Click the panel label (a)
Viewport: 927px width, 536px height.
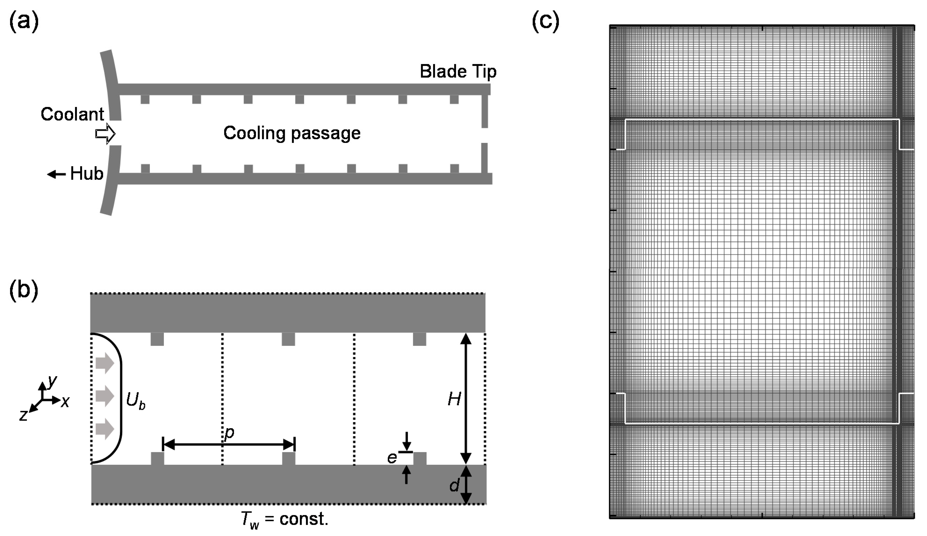click(24, 22)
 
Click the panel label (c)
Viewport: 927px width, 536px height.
click(546, 22)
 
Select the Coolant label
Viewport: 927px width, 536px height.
click(72, 114)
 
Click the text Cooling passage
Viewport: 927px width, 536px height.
click(292, 133)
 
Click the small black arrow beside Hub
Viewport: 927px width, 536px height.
click(56, 174)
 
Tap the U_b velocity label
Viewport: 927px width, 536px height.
click(135, 400)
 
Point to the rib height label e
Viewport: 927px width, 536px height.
click(392, 458)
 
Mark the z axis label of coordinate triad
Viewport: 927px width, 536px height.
click(24, 415)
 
